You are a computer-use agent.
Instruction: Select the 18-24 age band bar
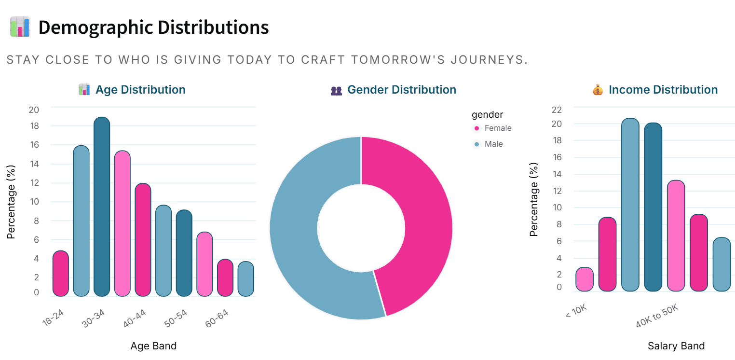click(61, 274)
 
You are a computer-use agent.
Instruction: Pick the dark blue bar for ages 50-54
click(184, 253)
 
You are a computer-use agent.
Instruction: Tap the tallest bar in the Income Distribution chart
click(630, 205)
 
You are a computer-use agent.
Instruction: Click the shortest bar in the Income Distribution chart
click(584, 279)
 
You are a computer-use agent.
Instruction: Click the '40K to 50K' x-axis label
click(657, 317)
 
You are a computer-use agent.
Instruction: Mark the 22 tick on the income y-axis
click(557, 110)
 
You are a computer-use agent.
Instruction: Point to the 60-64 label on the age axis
click(217, 318)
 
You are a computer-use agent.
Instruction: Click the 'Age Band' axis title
click(153, 346)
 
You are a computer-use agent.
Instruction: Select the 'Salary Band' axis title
click(676, 346)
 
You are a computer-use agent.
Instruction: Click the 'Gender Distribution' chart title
click(401, 90)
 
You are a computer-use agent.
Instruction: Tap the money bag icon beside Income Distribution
click(598, 90)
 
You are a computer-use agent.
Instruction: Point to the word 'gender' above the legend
click(487, 114)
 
